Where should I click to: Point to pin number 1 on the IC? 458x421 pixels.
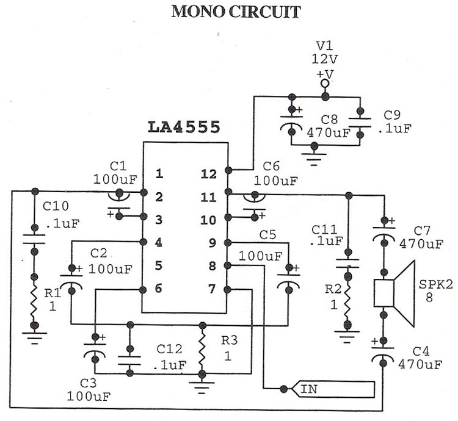[x=159, y=175]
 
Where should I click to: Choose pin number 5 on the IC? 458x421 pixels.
[x=159, y=265]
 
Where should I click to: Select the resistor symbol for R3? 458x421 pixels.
[x=202, y=350]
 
